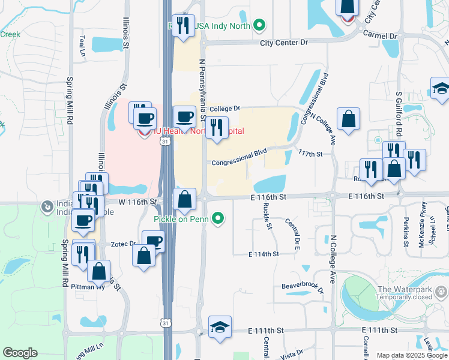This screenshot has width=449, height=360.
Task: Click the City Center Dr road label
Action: [x=284, y=43]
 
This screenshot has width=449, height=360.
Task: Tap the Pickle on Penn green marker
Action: [x=220, y=220]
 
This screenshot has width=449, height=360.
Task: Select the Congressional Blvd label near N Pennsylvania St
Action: [x=239, y=161]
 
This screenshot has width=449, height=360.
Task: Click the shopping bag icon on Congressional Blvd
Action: [x=348, y=118]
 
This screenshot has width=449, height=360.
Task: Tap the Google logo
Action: [x=20, y=353]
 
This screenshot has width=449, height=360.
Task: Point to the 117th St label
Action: [x=311, y=154]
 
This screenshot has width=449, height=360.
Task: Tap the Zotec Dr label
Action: [x=124, y=244]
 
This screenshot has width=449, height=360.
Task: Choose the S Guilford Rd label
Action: [x=398, y=110]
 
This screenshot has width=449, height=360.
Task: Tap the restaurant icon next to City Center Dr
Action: [x=184, y=25]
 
